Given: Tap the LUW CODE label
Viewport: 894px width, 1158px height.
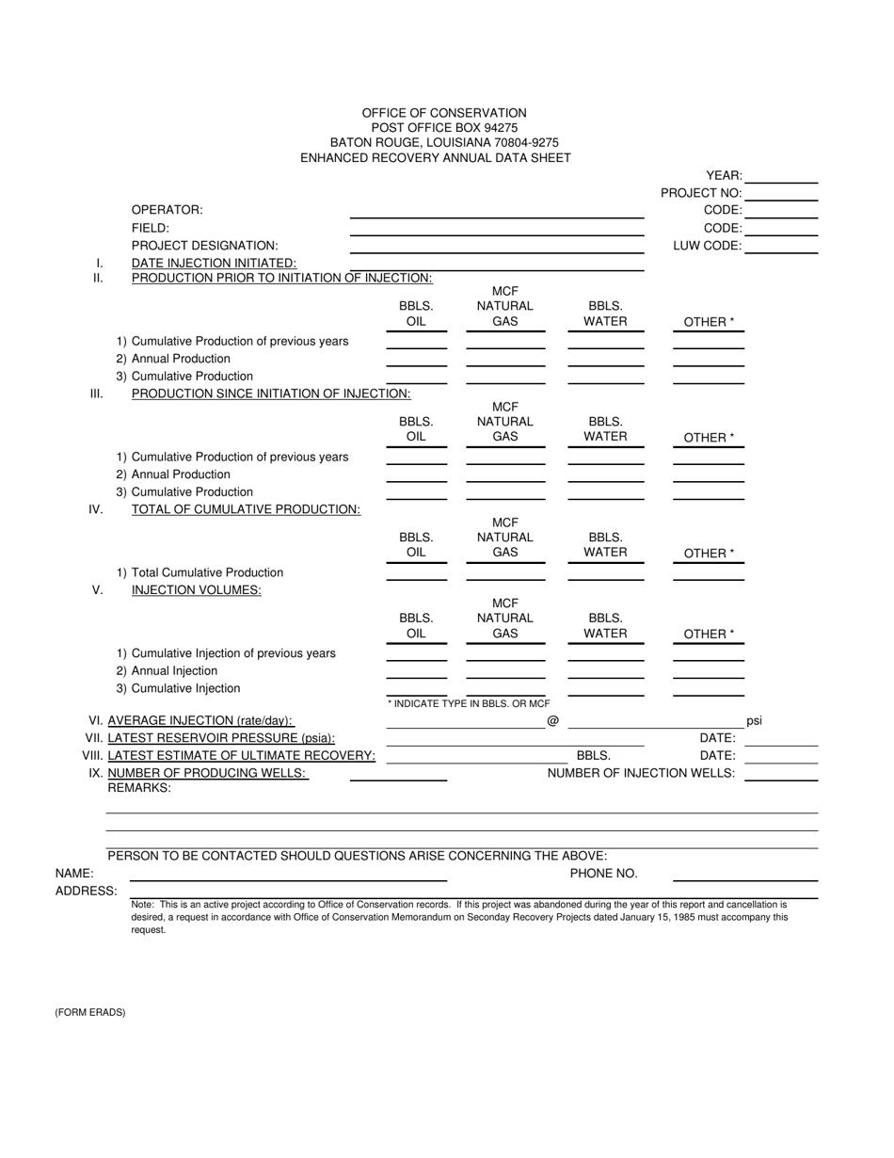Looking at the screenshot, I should click(707, 246).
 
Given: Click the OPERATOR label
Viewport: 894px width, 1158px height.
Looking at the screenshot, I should click(167, 210).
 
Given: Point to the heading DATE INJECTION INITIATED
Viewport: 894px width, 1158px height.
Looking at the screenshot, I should click(214, 264).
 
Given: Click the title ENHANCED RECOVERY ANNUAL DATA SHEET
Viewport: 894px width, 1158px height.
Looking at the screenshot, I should click(435, 158).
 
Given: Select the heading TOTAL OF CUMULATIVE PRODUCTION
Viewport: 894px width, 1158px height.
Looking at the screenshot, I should click(246, 509).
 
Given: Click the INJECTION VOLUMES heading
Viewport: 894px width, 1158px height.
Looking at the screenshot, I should click(196, 590).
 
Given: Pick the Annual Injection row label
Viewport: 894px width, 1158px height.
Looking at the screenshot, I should click(174, 671).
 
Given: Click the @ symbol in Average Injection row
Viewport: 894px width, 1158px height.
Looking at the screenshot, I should click(552, 721).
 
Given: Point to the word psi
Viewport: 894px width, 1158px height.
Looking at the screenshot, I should click(754, 721).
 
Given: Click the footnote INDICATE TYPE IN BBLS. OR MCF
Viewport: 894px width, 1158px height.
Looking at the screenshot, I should click(469, 703).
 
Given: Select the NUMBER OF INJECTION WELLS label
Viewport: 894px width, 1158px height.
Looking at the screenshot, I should click(641, 773).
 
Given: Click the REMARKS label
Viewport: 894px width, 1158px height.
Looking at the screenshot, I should click(139, 788).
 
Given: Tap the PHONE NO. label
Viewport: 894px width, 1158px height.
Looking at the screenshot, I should click(603, 873).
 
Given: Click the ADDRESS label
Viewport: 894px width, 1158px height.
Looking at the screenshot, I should click(86, 891).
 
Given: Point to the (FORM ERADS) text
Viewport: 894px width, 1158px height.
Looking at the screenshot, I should click(89, 1013).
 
